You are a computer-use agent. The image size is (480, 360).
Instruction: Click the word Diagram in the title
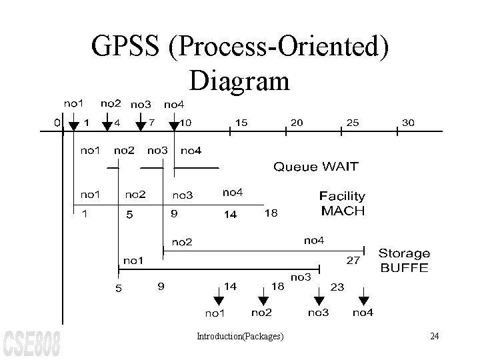click(x=239, y=81)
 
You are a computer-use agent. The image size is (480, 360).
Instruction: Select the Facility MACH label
click(x=343, y=203)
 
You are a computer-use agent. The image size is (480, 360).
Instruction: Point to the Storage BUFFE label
click(x=404, y=261)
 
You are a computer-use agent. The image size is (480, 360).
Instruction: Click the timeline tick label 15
click(x=241, y=123)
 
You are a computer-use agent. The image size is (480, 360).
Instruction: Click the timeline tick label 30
click(x=409, y=123)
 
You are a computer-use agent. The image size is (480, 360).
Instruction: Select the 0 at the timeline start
click(x=57, y=123)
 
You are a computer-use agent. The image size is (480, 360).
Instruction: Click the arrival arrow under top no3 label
click(x=140, y=123)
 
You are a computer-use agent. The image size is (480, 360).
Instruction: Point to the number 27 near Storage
click(x=353, y=260)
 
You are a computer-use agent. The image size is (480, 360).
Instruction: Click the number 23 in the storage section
click(x=337, y=287)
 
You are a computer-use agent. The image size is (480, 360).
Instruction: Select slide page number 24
click(x=434, y=336)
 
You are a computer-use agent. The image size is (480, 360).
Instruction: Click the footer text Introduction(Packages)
click(x=240, y=336)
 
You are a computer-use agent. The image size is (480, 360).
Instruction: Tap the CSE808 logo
click(x=31, y=342)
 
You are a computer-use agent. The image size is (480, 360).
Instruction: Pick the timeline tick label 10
click(x=186, y=123)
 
